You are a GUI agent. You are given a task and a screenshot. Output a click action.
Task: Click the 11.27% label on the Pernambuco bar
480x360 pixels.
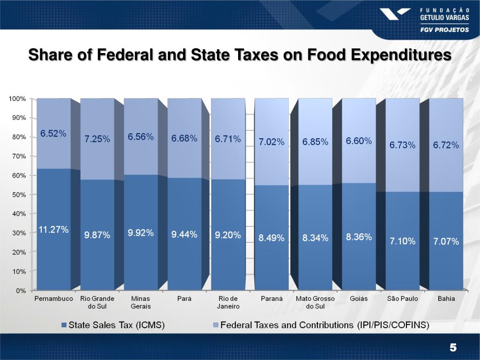(53, 230)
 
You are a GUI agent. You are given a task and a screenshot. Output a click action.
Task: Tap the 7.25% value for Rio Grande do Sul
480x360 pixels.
(97, 139)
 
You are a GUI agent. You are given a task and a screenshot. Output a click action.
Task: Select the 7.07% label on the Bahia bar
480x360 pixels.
(446, 241)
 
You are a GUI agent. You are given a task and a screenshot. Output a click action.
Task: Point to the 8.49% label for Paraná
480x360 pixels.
(271, 238)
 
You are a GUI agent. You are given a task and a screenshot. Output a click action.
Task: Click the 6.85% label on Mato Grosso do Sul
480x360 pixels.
(315, 142)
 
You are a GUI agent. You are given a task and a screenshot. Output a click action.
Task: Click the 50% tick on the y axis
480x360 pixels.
(19, 195)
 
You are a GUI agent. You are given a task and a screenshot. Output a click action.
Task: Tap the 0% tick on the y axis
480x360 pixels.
(21, 291)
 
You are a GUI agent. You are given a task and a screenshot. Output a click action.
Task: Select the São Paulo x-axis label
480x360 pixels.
(402, 299)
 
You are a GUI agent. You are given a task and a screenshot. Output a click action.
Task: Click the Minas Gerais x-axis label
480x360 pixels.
(141, 302)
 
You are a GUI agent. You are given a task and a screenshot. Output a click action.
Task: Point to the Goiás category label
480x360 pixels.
(359, 299)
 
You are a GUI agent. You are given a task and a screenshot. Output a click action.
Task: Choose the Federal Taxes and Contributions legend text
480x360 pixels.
(325, 325)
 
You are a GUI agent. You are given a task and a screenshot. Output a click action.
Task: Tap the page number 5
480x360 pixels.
(452, 347)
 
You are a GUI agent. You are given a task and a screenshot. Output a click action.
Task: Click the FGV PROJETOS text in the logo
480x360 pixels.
(444, 29)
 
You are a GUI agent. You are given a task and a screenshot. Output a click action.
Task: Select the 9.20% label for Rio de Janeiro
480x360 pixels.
(228, 235)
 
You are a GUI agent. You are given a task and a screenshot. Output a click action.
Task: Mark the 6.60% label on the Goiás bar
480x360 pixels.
(359, 141)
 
